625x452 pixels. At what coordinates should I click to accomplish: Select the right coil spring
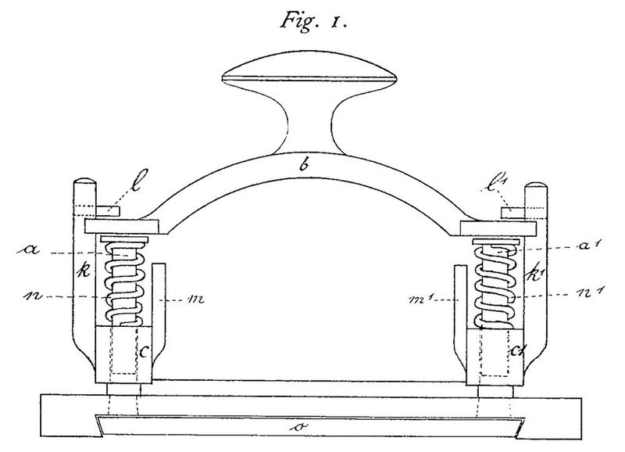click(497, 285)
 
